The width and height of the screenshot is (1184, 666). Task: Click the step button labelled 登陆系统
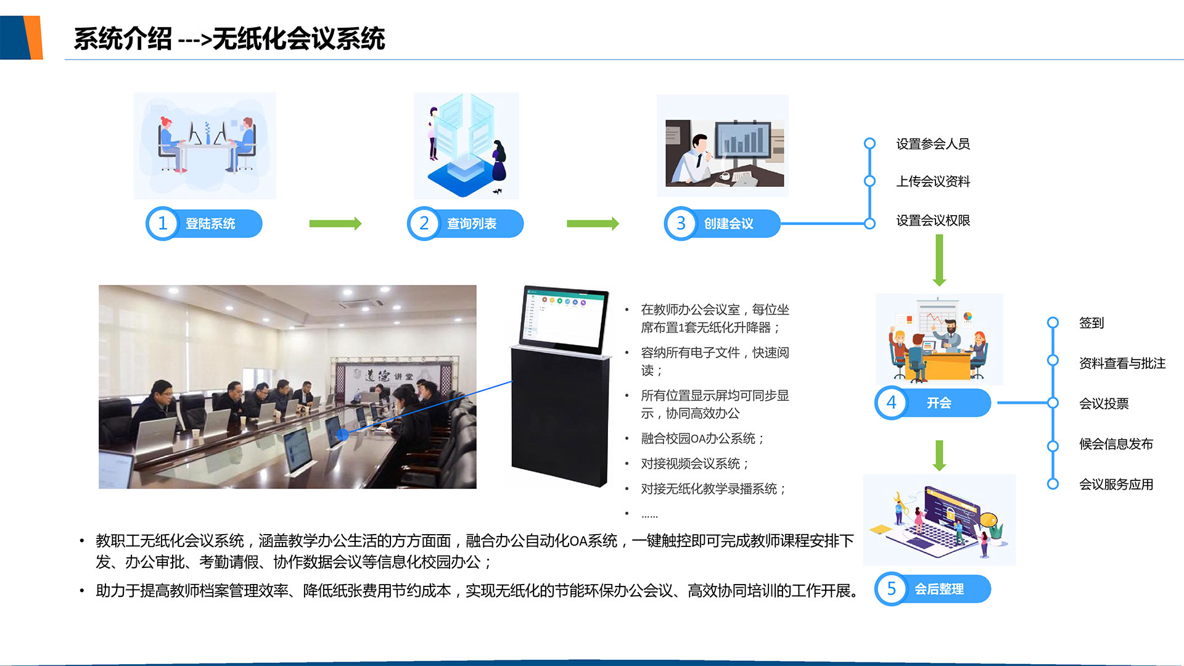204,223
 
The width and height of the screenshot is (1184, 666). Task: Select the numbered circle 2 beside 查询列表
424,223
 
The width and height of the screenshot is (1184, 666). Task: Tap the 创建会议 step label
729,224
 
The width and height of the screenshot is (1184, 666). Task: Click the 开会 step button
932,403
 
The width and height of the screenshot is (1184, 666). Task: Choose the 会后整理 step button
932,589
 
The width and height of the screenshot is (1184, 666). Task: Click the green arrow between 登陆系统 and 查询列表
335,223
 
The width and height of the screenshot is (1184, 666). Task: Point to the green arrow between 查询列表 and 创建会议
593,223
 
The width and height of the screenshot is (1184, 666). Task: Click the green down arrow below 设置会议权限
939,261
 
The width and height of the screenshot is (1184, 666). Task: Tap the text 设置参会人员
933,144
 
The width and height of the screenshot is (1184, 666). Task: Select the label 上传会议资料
933,181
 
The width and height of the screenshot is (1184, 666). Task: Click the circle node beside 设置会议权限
869,223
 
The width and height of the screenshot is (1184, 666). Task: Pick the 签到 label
1091,323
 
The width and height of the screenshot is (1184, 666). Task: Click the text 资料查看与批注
1122,363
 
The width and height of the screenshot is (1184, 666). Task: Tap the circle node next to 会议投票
1053,403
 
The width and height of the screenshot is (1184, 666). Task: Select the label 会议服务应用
1116,484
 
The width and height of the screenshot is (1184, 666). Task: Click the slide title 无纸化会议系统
299,39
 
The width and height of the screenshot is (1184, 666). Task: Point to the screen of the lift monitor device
564,320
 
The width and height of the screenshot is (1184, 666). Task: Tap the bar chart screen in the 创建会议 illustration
742,139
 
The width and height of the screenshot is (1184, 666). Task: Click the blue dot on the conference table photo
343,435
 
